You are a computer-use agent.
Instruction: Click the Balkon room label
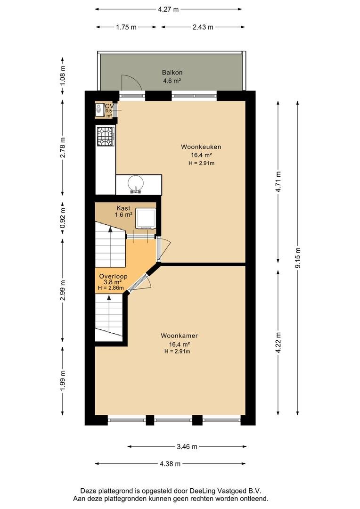click(172, 73)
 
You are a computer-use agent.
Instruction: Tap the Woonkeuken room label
click(201, 147)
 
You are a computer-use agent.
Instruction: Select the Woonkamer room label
click(179, 336)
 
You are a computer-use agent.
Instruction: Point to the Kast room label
click(123, 208)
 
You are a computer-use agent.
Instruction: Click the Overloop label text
click(113, 277)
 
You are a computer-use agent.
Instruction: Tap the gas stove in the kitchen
click(106, 137)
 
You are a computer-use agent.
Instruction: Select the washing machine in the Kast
click(146, 219)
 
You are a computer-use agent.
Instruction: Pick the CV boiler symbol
click(99, 109)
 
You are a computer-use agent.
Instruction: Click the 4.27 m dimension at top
click(169, 9)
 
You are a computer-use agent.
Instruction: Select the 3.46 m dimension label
click(187, 447)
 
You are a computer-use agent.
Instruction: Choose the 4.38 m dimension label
click(170, 464)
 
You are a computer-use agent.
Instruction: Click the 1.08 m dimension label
click(63, 76)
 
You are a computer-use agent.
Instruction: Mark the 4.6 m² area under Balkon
click(172, 80)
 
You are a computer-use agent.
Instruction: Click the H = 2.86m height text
click(111, 288)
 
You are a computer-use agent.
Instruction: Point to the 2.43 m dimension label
click(203, 27)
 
